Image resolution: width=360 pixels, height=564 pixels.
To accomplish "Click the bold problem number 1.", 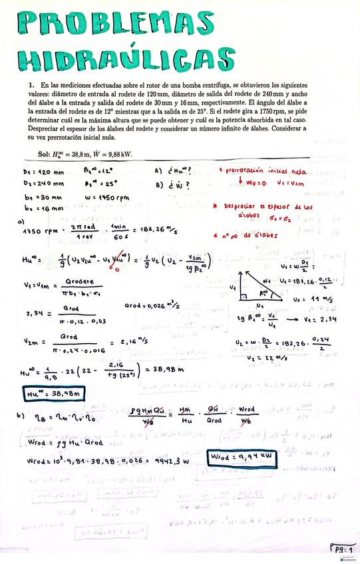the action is (31, 85).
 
